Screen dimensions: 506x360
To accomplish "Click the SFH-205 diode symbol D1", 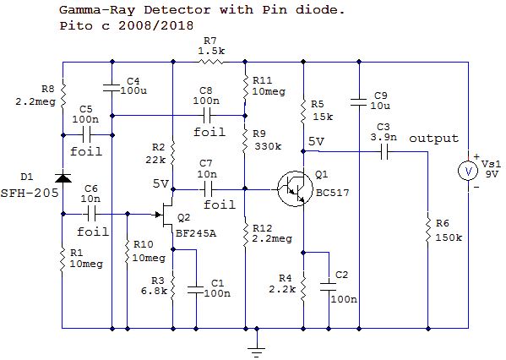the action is tap(63, 178).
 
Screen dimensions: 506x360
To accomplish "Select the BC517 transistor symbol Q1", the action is tap(295, 189).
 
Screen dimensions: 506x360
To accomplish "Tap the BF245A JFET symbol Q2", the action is tap(166, 215).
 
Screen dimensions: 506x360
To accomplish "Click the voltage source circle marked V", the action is tap(468, 171).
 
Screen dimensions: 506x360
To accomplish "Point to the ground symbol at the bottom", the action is tap(257, 351).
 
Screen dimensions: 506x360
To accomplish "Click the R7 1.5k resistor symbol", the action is tap(211, 62).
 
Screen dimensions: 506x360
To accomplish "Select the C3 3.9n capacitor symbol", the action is tap(384, 152).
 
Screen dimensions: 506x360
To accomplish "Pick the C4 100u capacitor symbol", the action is tap(112, 88).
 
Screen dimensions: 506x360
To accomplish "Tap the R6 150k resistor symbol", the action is tap(428, 231).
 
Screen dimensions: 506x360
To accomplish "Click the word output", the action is tap(433, 139).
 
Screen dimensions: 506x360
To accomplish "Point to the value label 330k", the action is tap(268, 146).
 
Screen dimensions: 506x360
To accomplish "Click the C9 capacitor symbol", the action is tap(358, 102).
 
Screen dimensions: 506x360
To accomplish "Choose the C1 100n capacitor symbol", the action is tap(196, 290).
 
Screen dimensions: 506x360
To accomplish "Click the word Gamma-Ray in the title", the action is tap(97, 10).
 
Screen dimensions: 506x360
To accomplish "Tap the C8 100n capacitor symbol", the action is tap(207, 115).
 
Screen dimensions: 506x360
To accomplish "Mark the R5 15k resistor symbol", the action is tap(303, 112).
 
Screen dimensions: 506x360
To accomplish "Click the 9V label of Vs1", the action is tap(492, 174).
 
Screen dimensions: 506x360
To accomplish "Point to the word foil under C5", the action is tap(86, 151).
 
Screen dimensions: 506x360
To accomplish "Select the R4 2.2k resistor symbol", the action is tap(303, 287).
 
